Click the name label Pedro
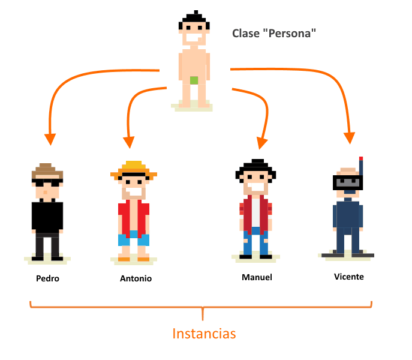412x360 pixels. point(47,278)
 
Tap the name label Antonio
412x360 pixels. point(136,278)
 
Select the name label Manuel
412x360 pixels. point(257,277)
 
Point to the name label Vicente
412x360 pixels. point(349,277)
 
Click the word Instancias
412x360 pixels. point(204,334)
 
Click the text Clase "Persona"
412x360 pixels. point(274,33)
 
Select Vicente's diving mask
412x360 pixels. point(347,182)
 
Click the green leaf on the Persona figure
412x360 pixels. point(194,80)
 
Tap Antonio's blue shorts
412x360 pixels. point(133,239)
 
